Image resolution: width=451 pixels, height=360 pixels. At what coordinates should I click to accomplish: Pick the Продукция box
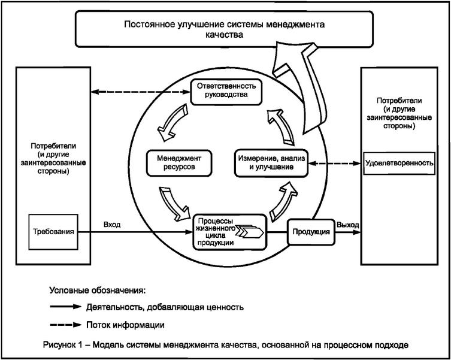pos(310,232)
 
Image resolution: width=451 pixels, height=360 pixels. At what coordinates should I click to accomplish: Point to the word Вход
pos(111,225)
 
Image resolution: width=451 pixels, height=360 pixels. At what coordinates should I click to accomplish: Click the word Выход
pos(348,225)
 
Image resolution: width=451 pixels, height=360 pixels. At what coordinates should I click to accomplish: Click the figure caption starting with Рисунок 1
pos(225,346)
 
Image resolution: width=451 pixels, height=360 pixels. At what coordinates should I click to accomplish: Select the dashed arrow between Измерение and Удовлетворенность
pos(336,162)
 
